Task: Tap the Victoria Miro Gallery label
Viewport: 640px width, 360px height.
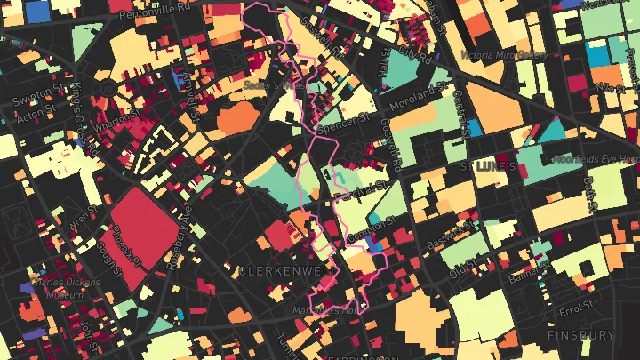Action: [x=502, y=54]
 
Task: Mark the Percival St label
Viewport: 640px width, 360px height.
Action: [x=356, y=188]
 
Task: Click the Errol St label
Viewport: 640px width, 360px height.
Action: [x=577, y=308]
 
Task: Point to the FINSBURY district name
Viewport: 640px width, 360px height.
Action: [x=580, y=336]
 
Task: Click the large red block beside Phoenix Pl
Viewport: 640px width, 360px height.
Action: [x=138, y=231]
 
